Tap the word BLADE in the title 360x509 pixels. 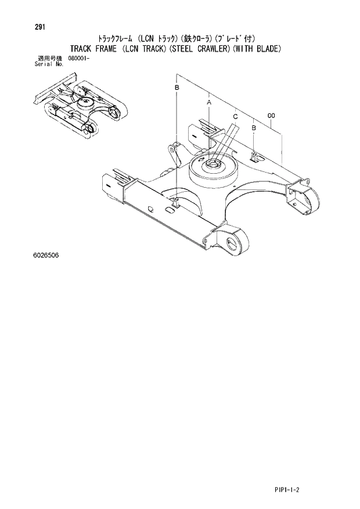coord(267,49)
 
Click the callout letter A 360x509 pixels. coord(208,102)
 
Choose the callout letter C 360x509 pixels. coord(235,117)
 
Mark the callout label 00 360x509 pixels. coord(271,116)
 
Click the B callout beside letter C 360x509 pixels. coord(254,127)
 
